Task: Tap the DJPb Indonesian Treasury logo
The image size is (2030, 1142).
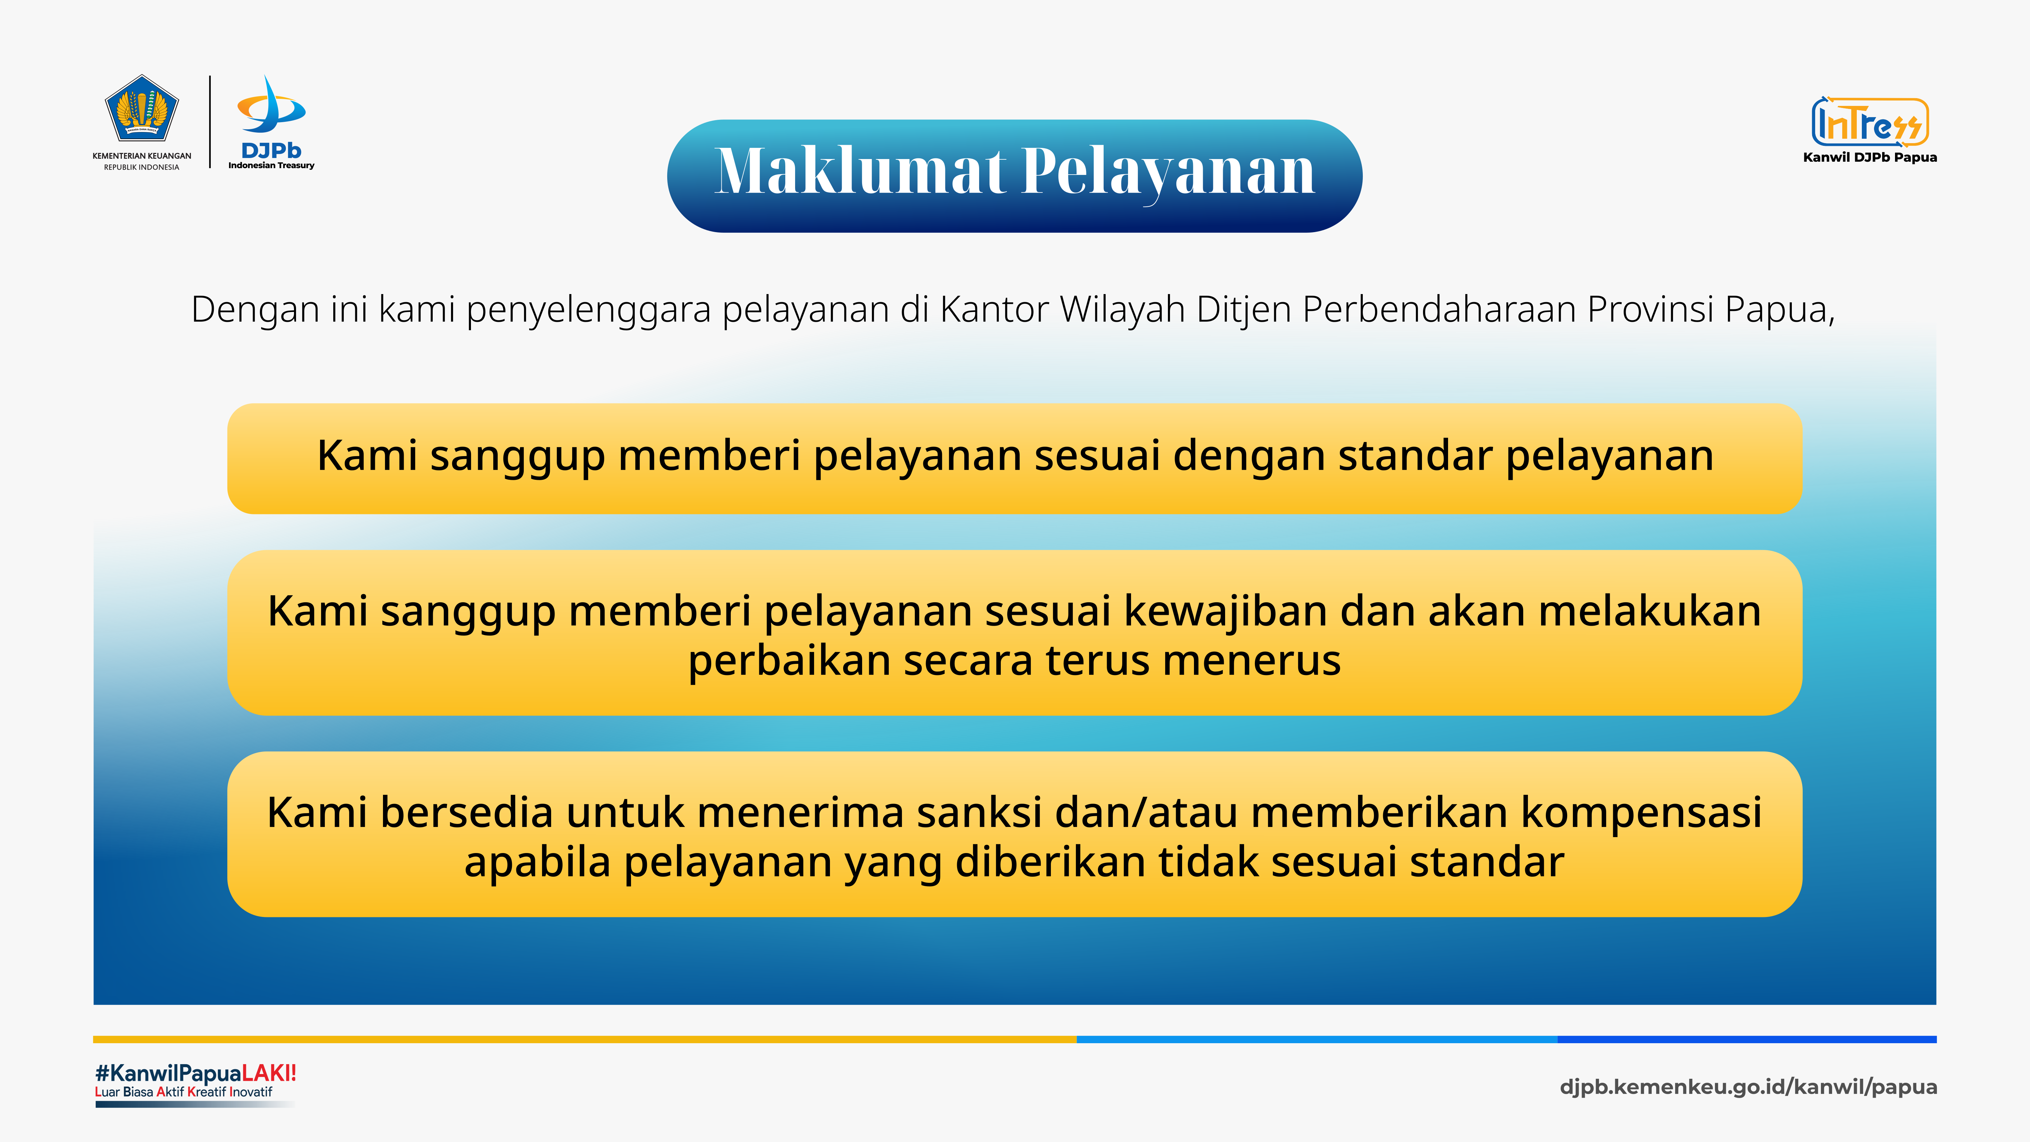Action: click(x=271, y=122)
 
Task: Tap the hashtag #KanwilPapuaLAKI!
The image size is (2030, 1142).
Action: click(x=196, y=1073)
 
